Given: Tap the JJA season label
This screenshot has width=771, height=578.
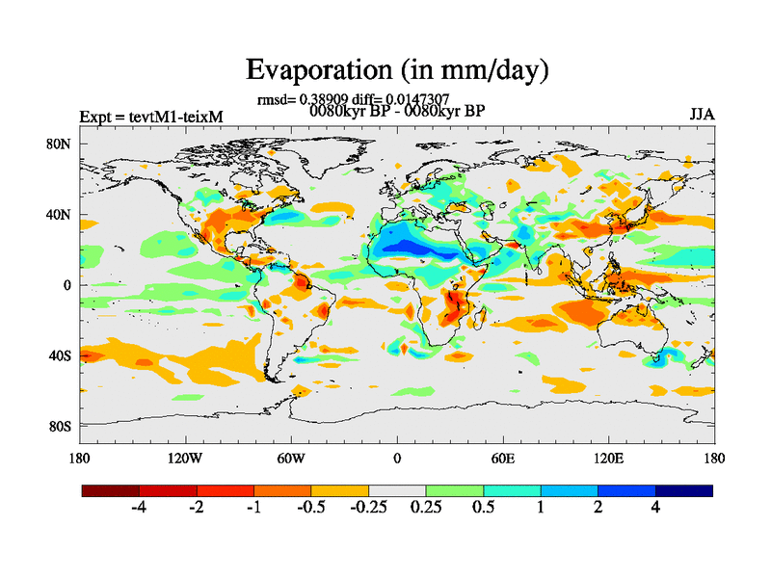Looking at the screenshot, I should point(702,115).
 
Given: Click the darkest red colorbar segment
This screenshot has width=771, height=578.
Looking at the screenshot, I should point(111,490).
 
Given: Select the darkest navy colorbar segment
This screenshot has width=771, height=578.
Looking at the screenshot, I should point(684,490).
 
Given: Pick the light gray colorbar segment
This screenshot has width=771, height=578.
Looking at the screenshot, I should point(397,490).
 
